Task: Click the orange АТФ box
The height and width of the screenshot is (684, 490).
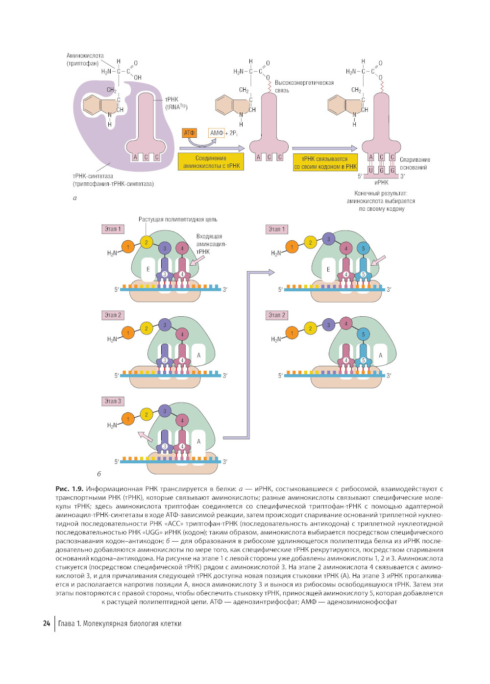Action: [189, 133]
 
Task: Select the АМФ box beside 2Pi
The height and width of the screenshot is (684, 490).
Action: [216, 133]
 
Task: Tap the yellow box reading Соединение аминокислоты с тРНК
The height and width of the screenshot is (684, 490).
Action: [211, 162]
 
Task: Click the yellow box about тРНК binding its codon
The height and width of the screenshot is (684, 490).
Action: [325, 162]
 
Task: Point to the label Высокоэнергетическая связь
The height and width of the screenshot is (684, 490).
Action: [304, 86]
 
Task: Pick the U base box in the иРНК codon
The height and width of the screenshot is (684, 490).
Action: [371, 170]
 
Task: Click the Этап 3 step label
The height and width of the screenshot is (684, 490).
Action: [113, 401]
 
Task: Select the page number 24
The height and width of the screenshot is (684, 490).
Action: [47, 623]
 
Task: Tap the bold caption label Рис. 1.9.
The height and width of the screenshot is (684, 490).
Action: [69, 489]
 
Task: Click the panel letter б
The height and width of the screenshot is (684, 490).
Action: [99, 474]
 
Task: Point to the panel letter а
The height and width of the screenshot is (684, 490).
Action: [74, 198]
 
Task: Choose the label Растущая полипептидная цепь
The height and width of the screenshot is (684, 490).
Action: [178, 219]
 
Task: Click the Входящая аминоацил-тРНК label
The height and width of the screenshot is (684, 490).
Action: [209, 244]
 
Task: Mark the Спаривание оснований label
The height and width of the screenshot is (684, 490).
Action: [415, 163]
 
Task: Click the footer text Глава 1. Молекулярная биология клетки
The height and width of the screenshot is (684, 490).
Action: [120, 624]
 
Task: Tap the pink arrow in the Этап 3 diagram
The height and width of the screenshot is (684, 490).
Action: [145, 435]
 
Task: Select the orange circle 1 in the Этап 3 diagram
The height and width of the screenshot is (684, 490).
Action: [128, 419]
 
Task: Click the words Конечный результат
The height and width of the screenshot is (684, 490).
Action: [381, 193]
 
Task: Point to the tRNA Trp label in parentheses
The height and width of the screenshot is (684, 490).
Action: [176, 107]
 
